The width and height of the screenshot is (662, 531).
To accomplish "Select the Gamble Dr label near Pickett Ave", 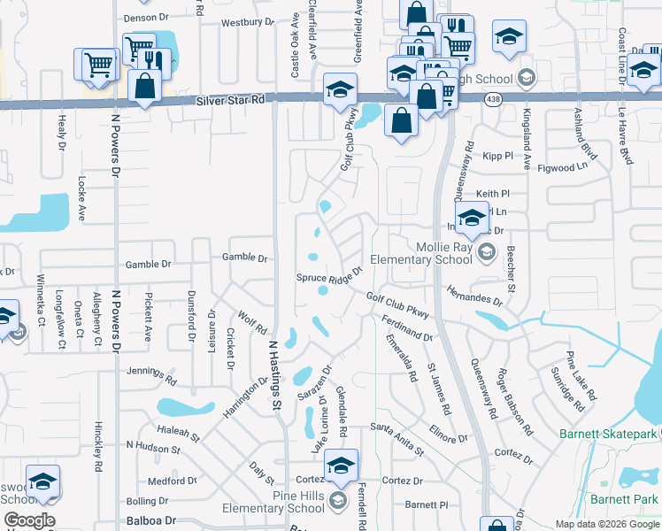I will point(147,264).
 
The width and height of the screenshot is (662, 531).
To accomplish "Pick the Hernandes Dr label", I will point(474,296).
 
